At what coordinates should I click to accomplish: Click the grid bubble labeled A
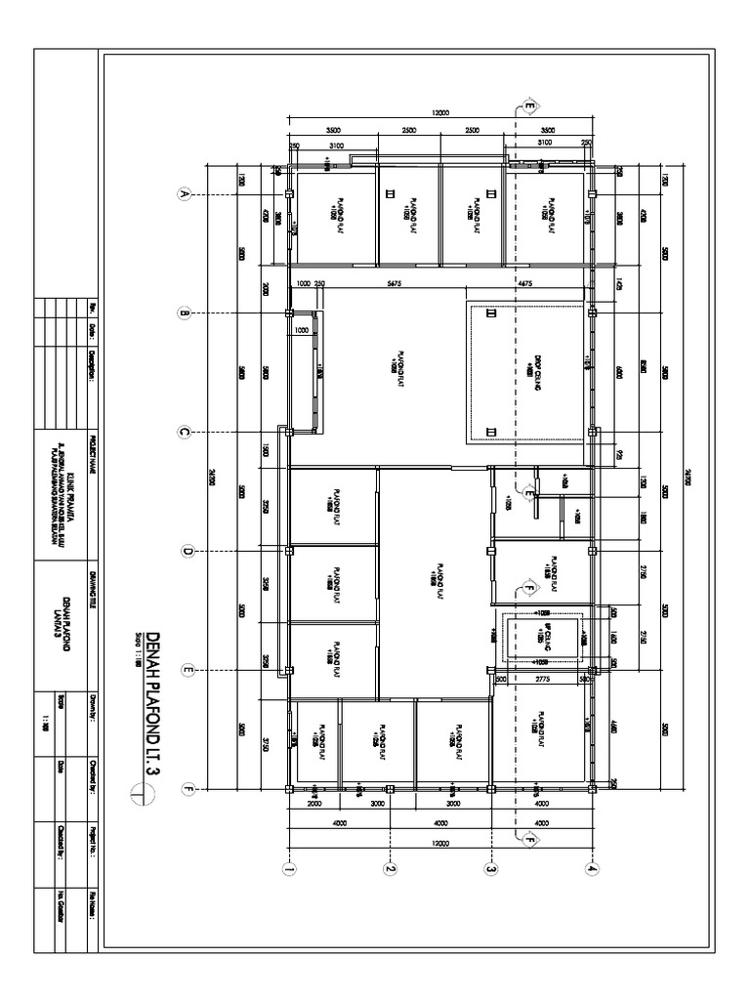182,194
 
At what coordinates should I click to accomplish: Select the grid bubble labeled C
182,432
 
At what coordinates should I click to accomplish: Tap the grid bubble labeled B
182,313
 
